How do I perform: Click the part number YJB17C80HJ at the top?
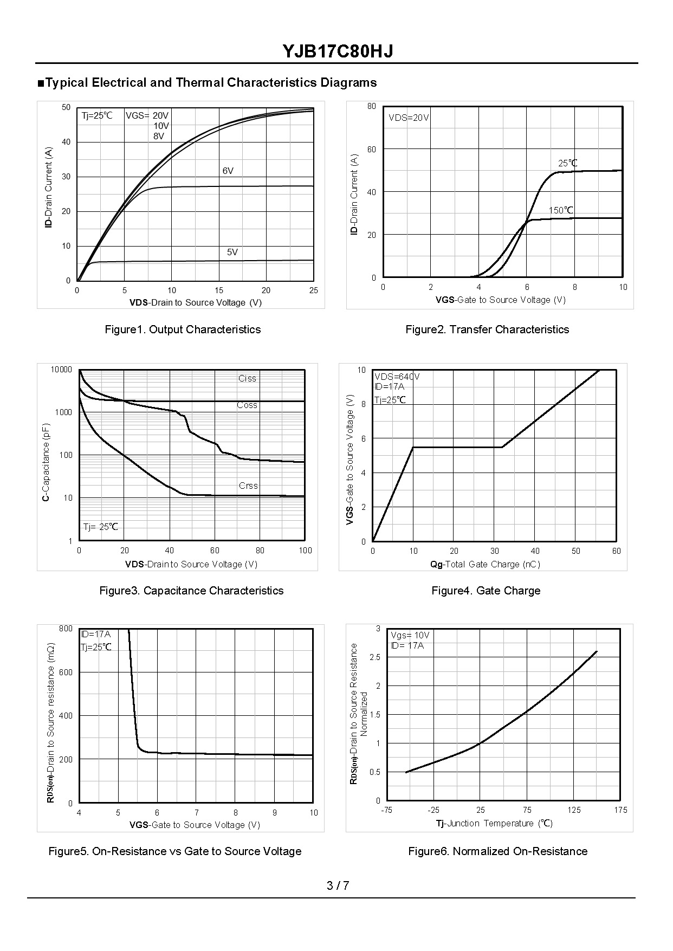(x=337, y=51)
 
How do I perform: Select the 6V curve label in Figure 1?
(x=228, y=171)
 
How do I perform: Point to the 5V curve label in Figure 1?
(x=232, y=253)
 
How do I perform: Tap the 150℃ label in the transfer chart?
(x=561, y=210)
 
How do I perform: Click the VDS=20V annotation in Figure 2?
(x=409, y=118)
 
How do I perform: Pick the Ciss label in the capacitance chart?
(x=247, y=379)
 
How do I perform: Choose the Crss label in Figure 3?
(x=248, y=486)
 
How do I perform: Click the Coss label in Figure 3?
(x=247, y=405)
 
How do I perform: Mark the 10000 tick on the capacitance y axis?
(x=61, y=370)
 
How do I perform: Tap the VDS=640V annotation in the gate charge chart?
(x=397, y=377)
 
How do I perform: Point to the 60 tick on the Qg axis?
(x=616, y=551)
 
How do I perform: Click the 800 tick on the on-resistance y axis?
(x=66, y=629)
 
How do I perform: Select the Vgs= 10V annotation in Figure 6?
(x=410, y=636)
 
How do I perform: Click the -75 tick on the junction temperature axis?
(x=386, y=810)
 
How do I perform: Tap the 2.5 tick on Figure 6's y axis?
(x=375, y=657)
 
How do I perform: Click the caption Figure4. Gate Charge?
(x=486, y=591)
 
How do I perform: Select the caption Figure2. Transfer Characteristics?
(x=487, y=329)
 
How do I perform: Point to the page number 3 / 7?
(x=338, y=886)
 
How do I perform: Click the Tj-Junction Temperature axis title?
(x=494, y=824)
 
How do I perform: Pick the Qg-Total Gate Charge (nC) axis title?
(x=485, y=565)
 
